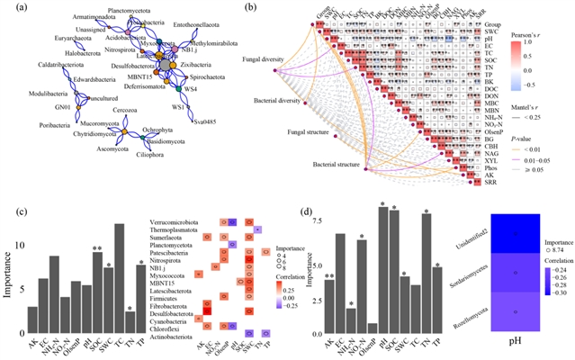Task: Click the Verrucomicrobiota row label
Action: pos(177,220)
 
